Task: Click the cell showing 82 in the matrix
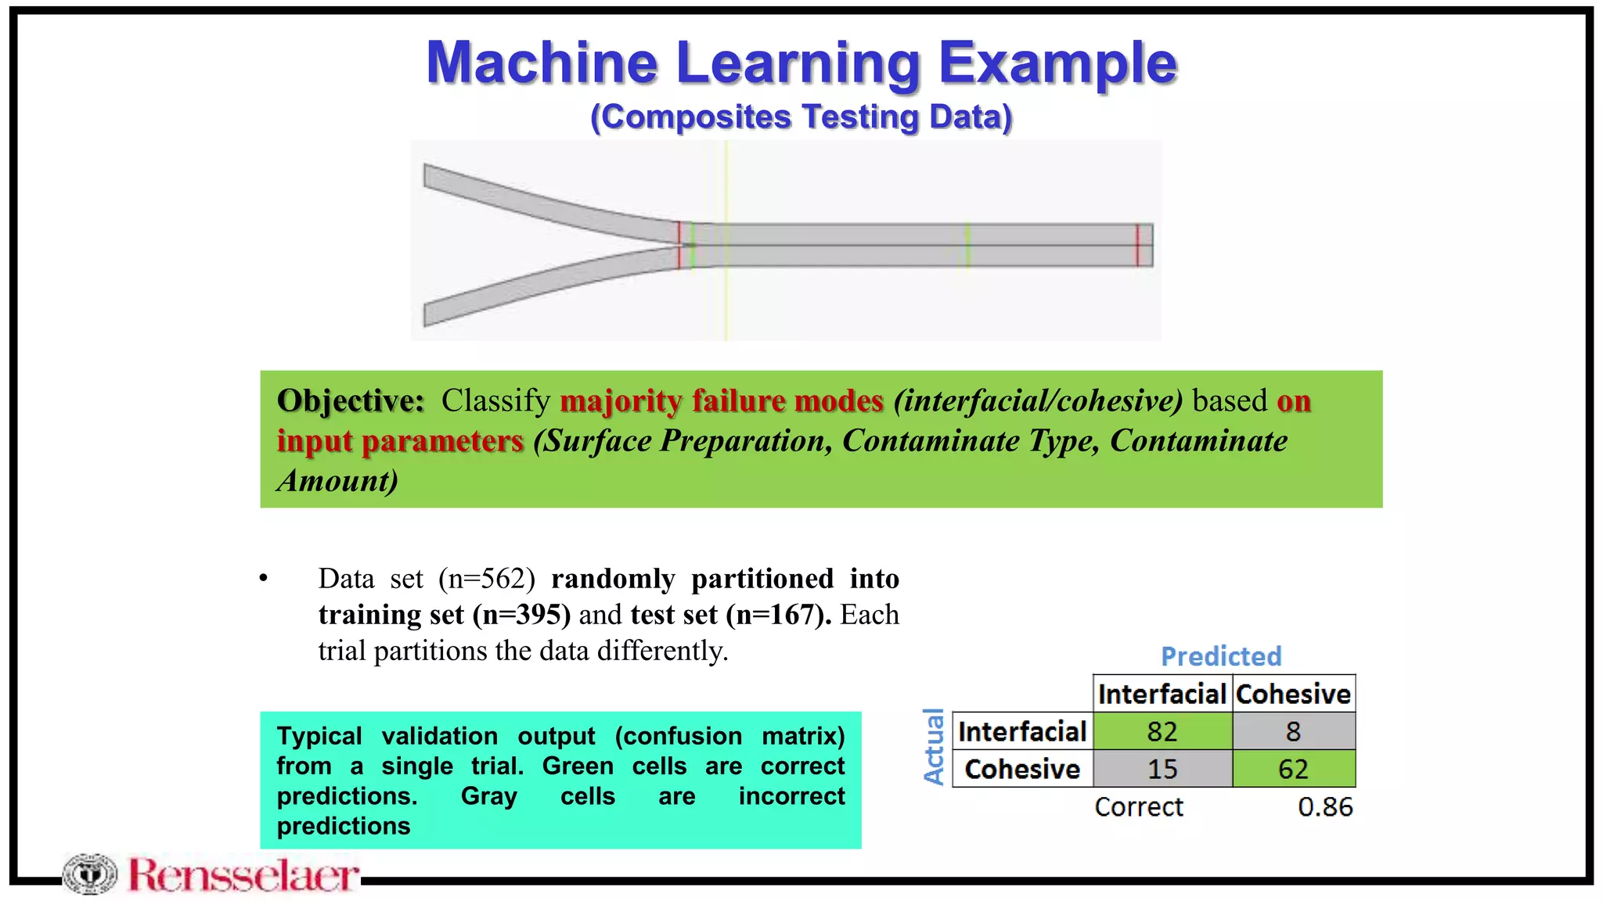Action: click(x=1162, y=731)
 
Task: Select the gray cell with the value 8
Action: click(x=1293, y=731)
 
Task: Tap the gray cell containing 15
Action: click(x=1162, y=769)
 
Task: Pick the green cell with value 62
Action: click(x=1293, y=769)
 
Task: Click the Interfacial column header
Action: click(x=1162, y=694)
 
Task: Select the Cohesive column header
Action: click(x=1293, y=694)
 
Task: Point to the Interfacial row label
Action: click(x=1022, y=731)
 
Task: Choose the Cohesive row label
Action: click(x=1022, y=769)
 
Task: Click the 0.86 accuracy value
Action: click(x=1325, y=806)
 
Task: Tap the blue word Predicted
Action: click(x=1221, y=656)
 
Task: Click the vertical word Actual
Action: click(x=934, y=746)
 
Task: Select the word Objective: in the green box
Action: click(x=351, y=400)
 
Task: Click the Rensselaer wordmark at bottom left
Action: click(x=243, y=875)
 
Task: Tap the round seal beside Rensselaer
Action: click(x=90, y=874)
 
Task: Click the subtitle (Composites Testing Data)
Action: click(x=801, y=117)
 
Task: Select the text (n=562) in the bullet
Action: click(x=487, y=579)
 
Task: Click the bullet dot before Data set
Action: click(x=264, y=579)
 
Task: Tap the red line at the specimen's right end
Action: click(x=1137, y=245)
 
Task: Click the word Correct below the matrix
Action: click(x=1139, y=806)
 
